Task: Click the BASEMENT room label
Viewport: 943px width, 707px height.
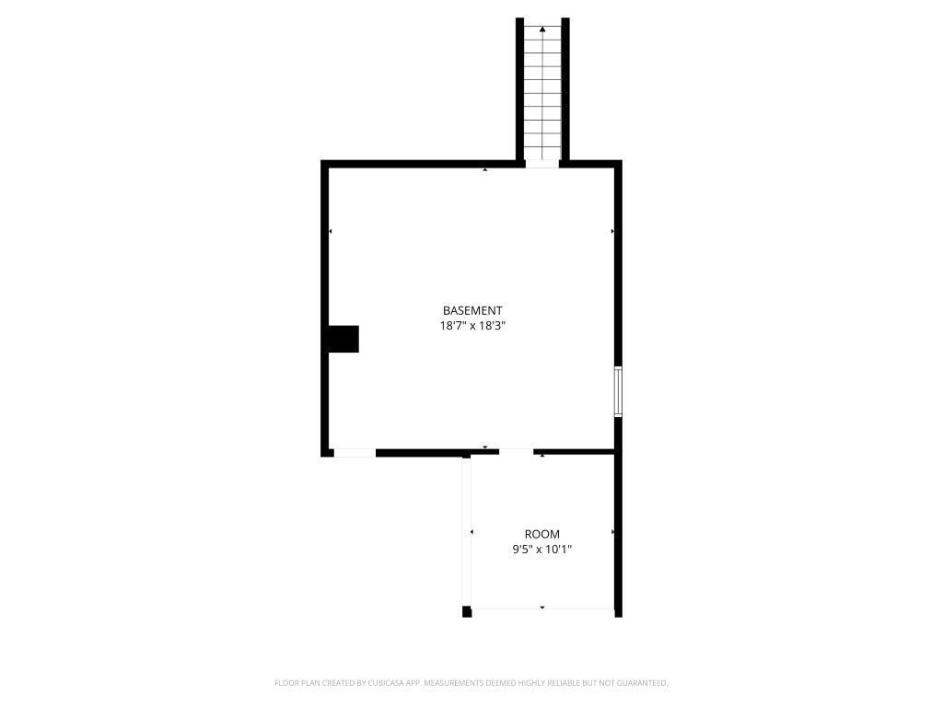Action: (472, 311)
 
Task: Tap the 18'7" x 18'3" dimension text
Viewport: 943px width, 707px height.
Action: (472, 326)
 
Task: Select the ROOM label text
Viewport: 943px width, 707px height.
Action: (541, 534)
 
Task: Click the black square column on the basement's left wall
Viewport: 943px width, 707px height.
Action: (344, 339)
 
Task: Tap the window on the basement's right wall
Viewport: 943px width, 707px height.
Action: (618, 391)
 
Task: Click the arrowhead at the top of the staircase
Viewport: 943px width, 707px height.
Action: (542, 30)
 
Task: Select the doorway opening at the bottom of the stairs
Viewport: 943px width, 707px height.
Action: (542, 164)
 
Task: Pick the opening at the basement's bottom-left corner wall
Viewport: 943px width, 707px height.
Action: (355, 453)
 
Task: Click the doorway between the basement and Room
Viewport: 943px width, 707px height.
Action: (516, 451)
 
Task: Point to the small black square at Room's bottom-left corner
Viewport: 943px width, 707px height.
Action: (467, 611)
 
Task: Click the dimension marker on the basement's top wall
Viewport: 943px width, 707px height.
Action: (485, 170)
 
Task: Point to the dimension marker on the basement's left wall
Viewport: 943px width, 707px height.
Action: (331, 231)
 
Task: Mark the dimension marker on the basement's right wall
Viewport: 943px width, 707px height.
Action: (611, 231)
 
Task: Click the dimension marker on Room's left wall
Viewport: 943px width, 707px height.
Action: (472, 532)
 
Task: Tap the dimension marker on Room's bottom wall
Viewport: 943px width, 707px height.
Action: (542, 608)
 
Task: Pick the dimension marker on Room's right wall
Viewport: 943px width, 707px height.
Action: (612, 532)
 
